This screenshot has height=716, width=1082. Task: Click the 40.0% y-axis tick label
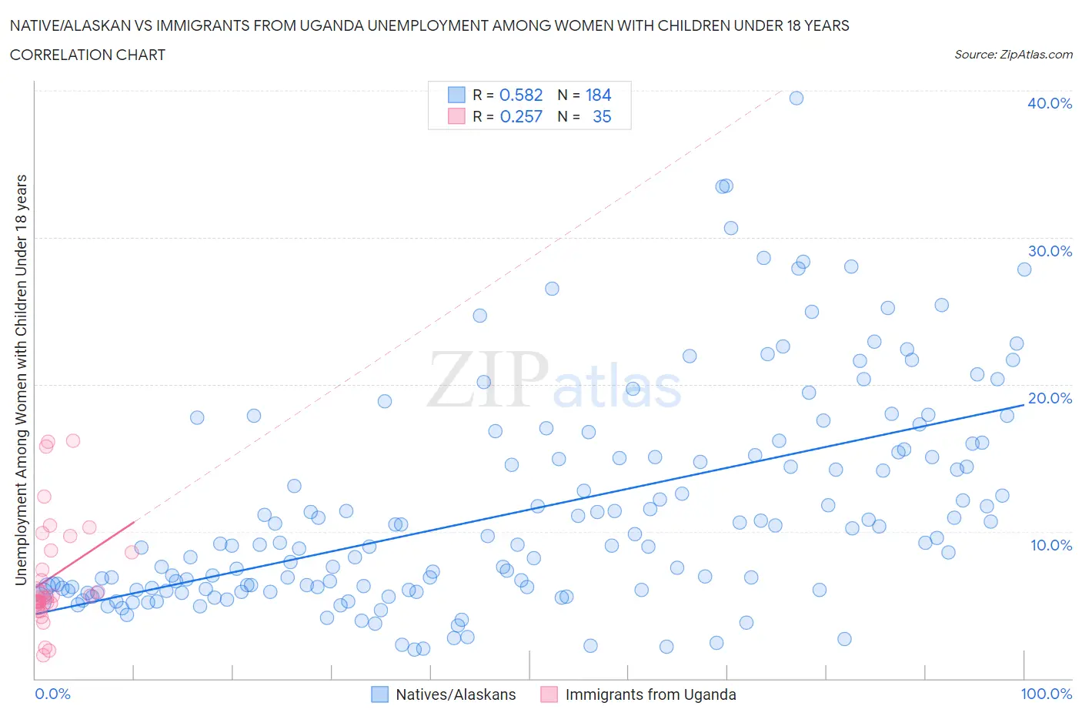pyautogui.click(x=1049, y=103)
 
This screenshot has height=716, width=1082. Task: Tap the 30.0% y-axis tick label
pyautogui.click(x=1049, y=251)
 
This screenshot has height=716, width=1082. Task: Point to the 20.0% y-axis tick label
pyautogui.click(x=1049, y=398)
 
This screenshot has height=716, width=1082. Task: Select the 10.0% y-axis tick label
pyautogui.click(x=1049, y=545)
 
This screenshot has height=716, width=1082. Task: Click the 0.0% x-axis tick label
pyautogui.click(x=52, y=694)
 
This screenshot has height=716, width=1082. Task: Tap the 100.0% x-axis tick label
pyautogui.click(x=1046, y=694)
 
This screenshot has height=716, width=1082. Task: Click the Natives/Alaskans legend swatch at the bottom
pyautogui.click(x=379, y=694)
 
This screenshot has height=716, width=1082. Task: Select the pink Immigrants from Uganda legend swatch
pyautogui.click(x=549, y=694)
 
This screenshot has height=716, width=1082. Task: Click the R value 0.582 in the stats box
pyautogui.click(x=521, y=95)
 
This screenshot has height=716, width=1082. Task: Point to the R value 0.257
pyautogui.click(x=521, y=116)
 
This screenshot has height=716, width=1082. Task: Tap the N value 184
pyautogui.click(x=598, y=95)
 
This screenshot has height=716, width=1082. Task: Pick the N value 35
pyautogui.click(x=602, y=116)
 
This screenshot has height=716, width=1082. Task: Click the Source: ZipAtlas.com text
pyautogui.click(x=1013, y=54)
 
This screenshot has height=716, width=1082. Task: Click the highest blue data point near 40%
pyautogui.click(x=796, y=98)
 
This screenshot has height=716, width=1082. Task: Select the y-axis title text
pyautogui.click(x=21, y=380)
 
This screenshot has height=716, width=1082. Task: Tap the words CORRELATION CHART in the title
pyautogui.click(x=88, y=55)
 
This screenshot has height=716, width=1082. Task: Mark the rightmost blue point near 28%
pyautogui.click(x=1024, y=269)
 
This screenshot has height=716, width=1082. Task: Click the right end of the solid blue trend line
pyautogui.click(x=1024, y=404)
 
